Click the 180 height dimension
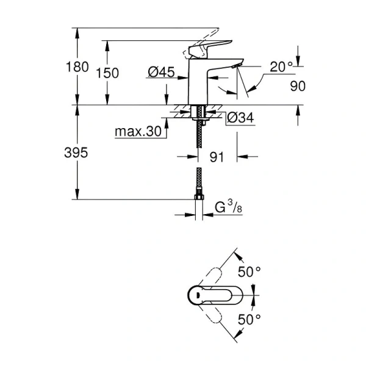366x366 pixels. (x=80, y=67)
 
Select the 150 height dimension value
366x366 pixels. (x=107, y=73)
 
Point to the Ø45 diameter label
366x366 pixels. (x=161, y=73)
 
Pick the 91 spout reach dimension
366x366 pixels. (x=217, y=157)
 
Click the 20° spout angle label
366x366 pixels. (x=282, y=67)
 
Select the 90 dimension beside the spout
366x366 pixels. (x=297, y=87)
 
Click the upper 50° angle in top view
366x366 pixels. (x=248, y=272)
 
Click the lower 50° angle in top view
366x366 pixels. (x=248, y=318)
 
